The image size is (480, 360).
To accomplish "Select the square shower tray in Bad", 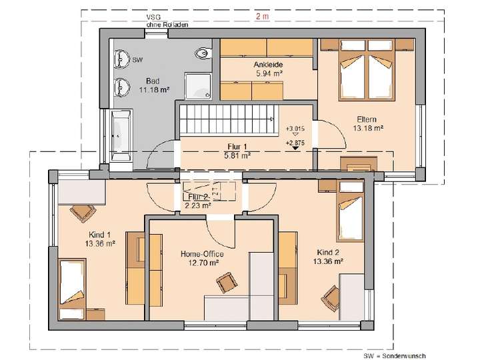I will coord(199,85).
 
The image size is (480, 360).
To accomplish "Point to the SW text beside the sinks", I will coord(138,60).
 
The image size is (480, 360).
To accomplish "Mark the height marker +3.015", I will coord(295,128).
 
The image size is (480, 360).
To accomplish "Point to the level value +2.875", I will coord(295,142).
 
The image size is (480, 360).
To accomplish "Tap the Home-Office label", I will coord(202,254).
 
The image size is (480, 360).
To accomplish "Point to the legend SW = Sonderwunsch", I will coord(395,355).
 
